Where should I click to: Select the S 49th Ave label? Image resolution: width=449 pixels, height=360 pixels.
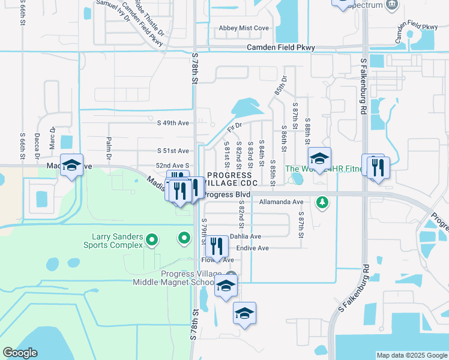[x=173, y=123]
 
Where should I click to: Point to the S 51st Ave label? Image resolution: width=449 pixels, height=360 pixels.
[x=173, y=151]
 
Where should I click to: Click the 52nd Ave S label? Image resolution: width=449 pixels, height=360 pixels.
[x=173, y=165]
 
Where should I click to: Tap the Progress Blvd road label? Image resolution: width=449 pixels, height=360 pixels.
[x=226, y=195]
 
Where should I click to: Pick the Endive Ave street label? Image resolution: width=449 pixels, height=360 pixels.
[x=250, y=248]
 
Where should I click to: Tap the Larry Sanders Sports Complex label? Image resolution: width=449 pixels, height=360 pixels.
[x=118, y=241]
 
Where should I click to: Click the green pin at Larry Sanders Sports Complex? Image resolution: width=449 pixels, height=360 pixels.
[x=152, y=241]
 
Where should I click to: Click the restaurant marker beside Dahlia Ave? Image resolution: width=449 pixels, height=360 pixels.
[x=217, y=245]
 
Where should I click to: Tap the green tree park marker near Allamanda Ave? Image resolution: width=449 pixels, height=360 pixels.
[x=323, y=203]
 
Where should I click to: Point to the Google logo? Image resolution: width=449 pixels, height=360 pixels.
[x=20, y=353]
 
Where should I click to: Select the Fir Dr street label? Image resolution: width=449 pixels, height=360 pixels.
[x=234, y=127]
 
